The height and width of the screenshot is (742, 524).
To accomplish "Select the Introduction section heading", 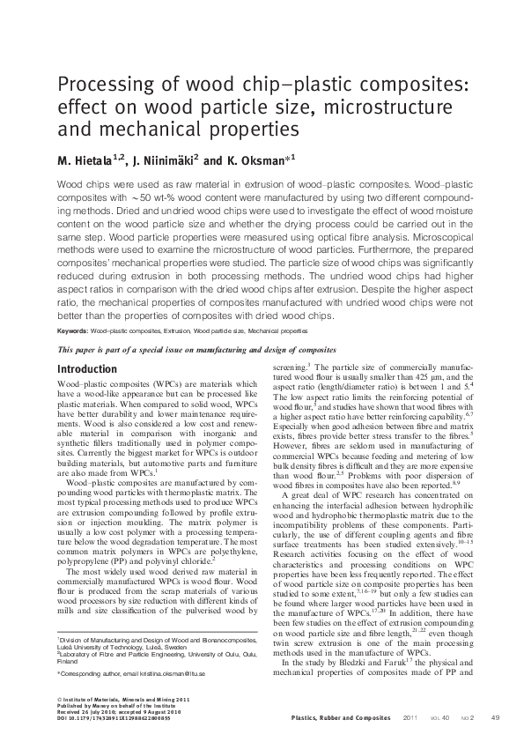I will pyautogui.click(x=87, y=369).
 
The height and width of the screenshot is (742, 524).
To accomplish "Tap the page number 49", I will pyautogui.click(x=495, y=717).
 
